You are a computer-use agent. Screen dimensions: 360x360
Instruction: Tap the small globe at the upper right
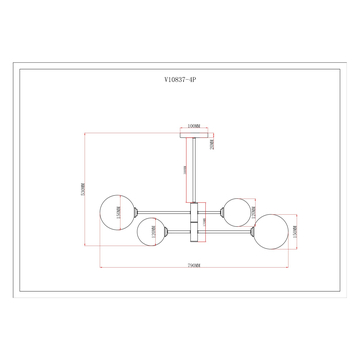[235, 211]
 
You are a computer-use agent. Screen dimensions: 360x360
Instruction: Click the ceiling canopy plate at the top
[193, 137]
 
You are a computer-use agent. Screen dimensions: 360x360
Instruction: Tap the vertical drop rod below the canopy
[193, 170]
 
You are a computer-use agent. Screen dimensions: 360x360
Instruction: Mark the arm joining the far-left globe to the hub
[160, 212]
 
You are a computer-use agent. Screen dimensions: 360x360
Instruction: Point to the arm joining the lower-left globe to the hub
[176, 231]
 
